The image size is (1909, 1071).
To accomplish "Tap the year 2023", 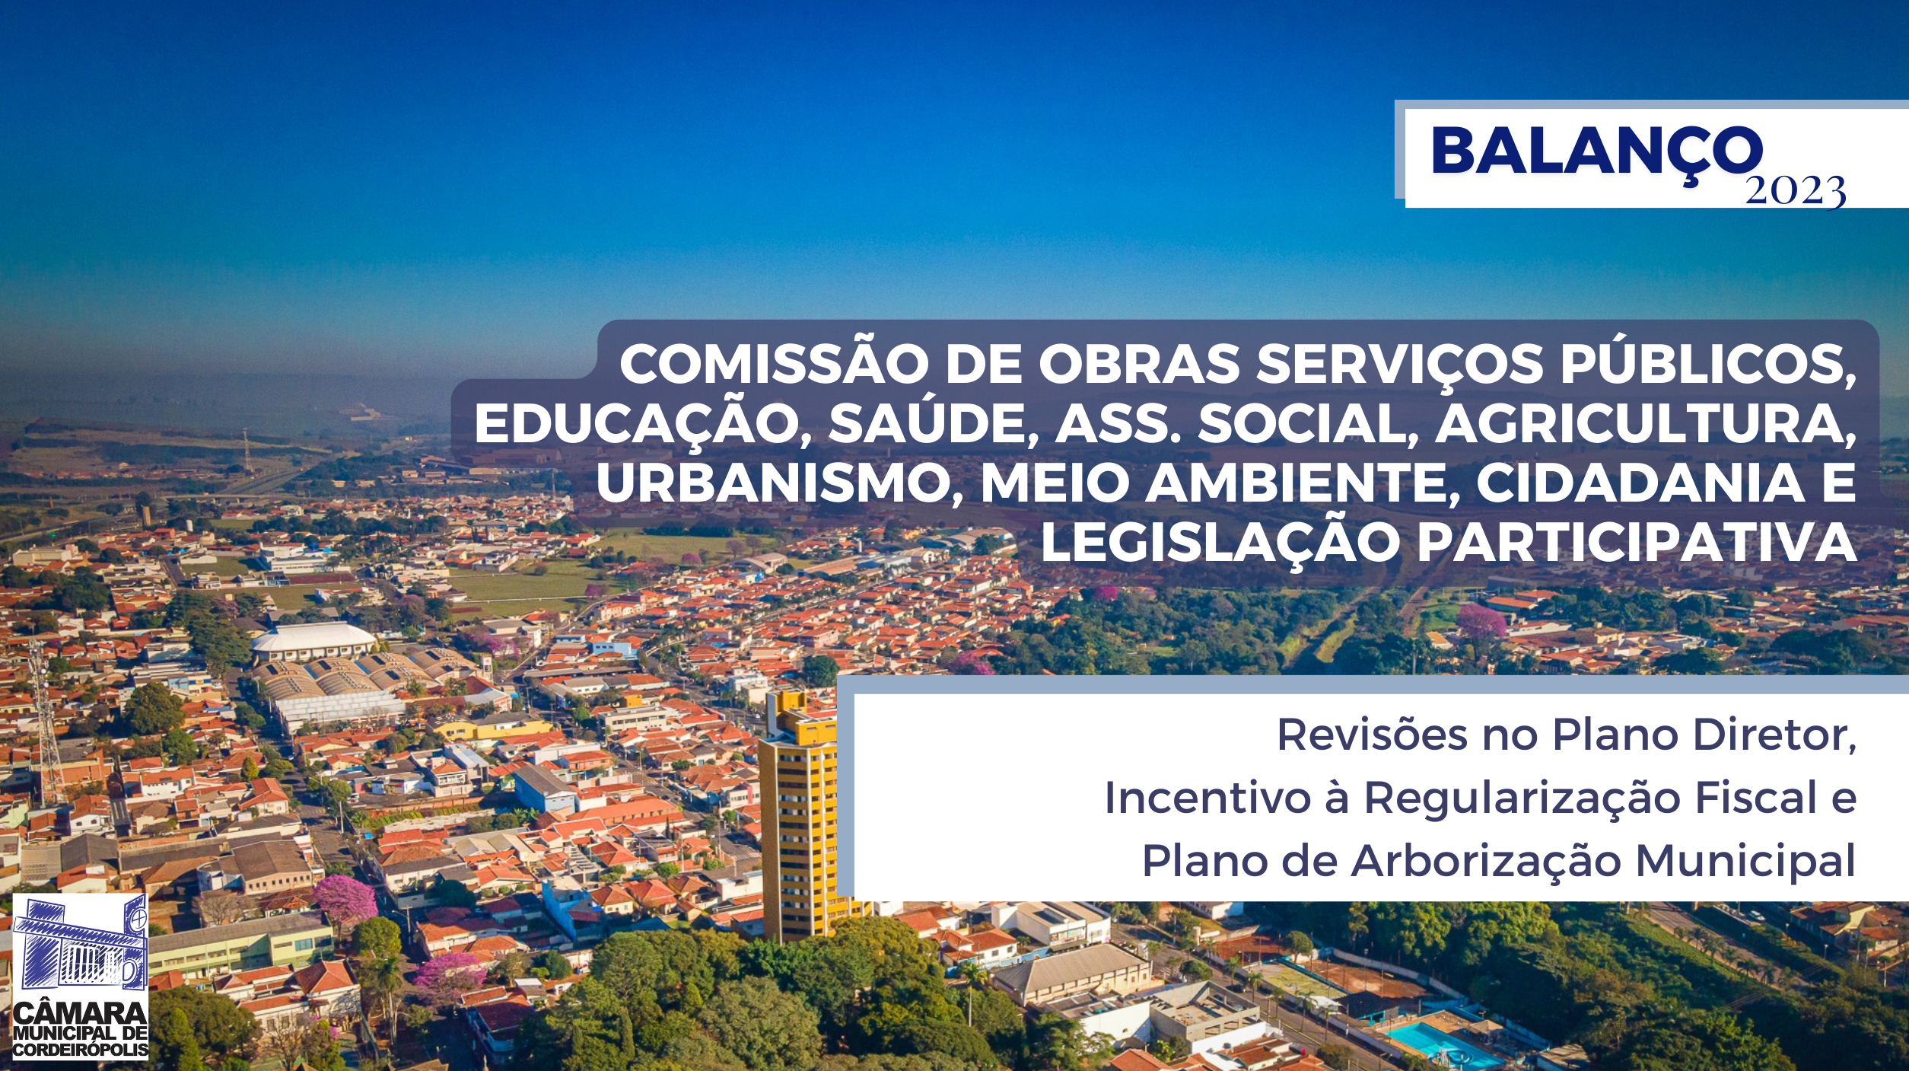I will [x=1795, y=190].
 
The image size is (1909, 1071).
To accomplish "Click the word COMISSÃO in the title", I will [x=773, y=365].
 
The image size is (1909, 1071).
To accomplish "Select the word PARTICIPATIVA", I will [x=1636, y=542].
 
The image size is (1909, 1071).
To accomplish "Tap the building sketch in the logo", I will [x=80, y=944].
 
